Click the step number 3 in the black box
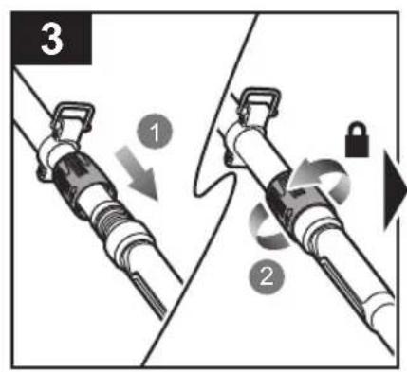click(x=51, y=39)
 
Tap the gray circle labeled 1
click(x=155, y=132)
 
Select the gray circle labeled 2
click(x=267, y=276)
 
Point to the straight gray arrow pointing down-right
click(x=138, y=172)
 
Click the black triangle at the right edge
click(x=395, y=190)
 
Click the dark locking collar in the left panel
click(x=81, y=183)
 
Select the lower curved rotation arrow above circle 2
click(x=265, y=226)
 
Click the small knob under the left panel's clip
click(x=41, y=173)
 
